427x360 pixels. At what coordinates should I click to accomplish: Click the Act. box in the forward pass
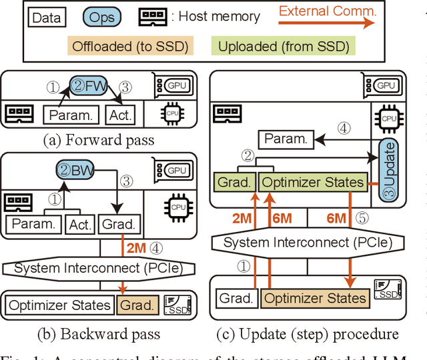click(x=121, y=115)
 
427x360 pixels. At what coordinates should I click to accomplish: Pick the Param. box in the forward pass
click(x=70, y=115)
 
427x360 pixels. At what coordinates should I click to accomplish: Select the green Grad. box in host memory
click(x=236, y=182)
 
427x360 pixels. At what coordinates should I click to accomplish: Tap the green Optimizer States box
click(x=313, y=182)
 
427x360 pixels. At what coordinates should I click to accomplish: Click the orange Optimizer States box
click(x=316, y=298)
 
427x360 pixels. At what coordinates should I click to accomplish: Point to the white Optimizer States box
click(x=59, y=306)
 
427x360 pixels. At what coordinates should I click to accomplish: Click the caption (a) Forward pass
click(x=99, y=141)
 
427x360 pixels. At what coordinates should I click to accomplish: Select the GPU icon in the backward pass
click(x=176, y=170)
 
